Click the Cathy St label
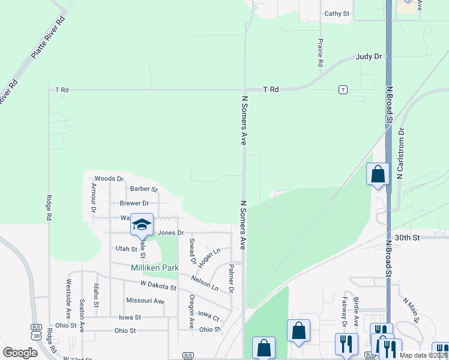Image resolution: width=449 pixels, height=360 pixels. pos(336,13)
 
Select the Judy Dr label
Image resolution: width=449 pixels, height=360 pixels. pos(369,56)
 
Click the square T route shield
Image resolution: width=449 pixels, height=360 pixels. pos(343,89)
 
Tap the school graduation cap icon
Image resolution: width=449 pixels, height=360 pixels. pos(142,224)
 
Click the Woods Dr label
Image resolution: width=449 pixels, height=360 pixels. pos(109,179)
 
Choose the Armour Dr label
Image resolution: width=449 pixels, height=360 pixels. pos(93,198)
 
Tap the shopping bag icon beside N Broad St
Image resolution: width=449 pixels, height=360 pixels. pos(378,174)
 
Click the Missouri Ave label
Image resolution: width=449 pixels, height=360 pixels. pos(145,301)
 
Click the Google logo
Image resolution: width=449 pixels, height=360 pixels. pos(20,353)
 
